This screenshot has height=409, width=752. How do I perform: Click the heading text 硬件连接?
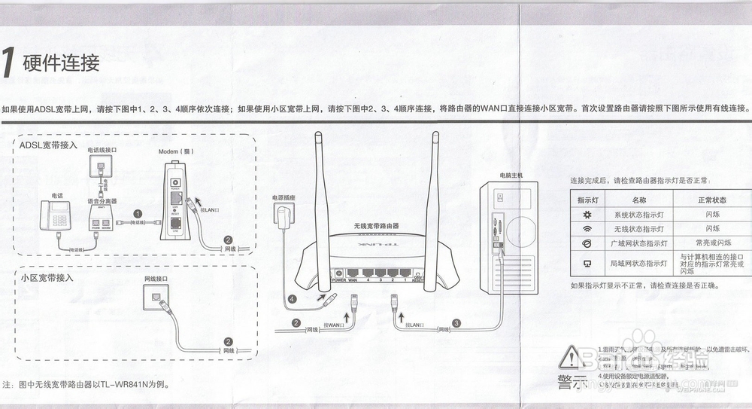tap(62, 64)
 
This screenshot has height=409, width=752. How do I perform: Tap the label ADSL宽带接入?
tap(48, 145)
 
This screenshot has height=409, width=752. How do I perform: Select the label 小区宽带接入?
tap(48, 277)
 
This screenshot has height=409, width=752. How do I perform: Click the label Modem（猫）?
tap(177, 151)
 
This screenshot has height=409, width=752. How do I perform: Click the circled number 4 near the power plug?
tap(293, 298)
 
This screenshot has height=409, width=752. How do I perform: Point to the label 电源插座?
tap(285, 199)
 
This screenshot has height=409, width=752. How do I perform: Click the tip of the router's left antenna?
tap(319, 136)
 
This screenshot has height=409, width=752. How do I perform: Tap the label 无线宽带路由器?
tap(376, 226)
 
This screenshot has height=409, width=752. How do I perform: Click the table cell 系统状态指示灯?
tap(639, 215)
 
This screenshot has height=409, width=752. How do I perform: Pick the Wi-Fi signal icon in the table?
tap(587, 229)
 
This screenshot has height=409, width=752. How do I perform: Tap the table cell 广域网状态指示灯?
tap(639, 243)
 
